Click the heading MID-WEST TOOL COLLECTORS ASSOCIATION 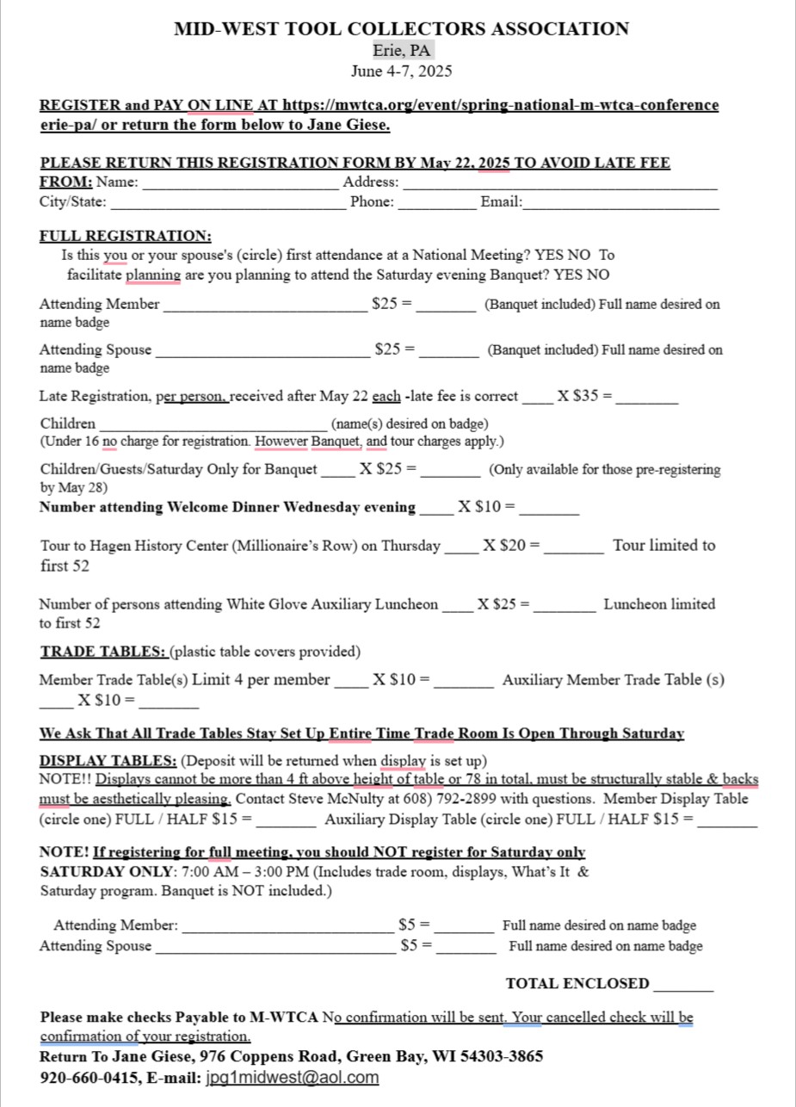(401, 29)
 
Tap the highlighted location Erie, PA (401, 51)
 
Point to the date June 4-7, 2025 (401, 71)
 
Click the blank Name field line (240, 185)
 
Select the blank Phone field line (436, 206)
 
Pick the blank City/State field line (228, 206)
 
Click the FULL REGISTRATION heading (125, 236)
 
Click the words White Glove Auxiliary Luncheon (332, 604)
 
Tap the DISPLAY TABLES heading (108, 761)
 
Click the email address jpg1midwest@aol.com (293, 1078)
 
